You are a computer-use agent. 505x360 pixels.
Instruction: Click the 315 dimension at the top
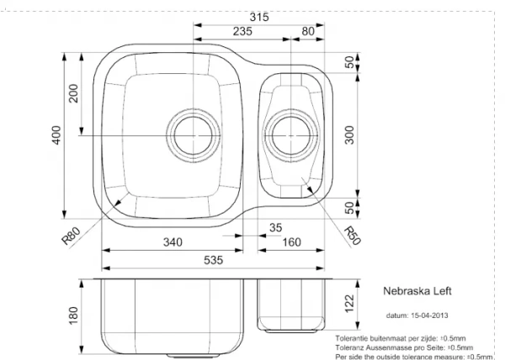pyautogui.click(x=259, y=17)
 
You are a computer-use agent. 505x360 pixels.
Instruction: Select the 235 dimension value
pyautogui.click(x=242, y=31)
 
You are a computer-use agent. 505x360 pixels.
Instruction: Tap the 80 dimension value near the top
pyautogui.click(x=308, y=31)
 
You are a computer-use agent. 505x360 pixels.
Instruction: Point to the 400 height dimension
pyautogui.click(x=56, y=135)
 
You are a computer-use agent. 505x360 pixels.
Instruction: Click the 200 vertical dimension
pyautogui.click(x=73, y=93)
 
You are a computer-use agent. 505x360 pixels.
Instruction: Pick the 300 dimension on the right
pyautogui.click(x=349, y=135)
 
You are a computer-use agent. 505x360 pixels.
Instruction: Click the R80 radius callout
pyautogui.click(x=71, y=236)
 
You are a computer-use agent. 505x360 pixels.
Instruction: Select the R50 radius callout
pyautogui.click(x=352, y=236)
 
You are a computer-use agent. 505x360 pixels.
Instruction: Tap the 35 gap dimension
pyautogui.click(x=275, y=228)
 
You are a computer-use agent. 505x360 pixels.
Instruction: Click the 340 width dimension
pyautogui.click(x=173, y=242)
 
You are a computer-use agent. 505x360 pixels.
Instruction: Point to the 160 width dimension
pyautogui.click(x=291, y=242)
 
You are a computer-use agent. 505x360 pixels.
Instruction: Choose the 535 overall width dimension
pyautogui.click(x=213, y=260)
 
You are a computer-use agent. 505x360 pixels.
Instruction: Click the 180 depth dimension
pyautogui.click(x=73, y=315)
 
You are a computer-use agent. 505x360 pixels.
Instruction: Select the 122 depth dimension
pyautogui.click(x=349, y=304)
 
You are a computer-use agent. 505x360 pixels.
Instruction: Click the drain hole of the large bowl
pyautogui.click(x=194, y=135)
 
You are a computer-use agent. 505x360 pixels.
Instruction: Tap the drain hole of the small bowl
pyautogui.click(x=291, y=135)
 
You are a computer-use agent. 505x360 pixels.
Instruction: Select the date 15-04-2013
pyautogui.click(x=429, y=315)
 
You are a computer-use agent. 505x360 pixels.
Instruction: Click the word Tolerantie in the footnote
pyautogui.click(x=351, y=338)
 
